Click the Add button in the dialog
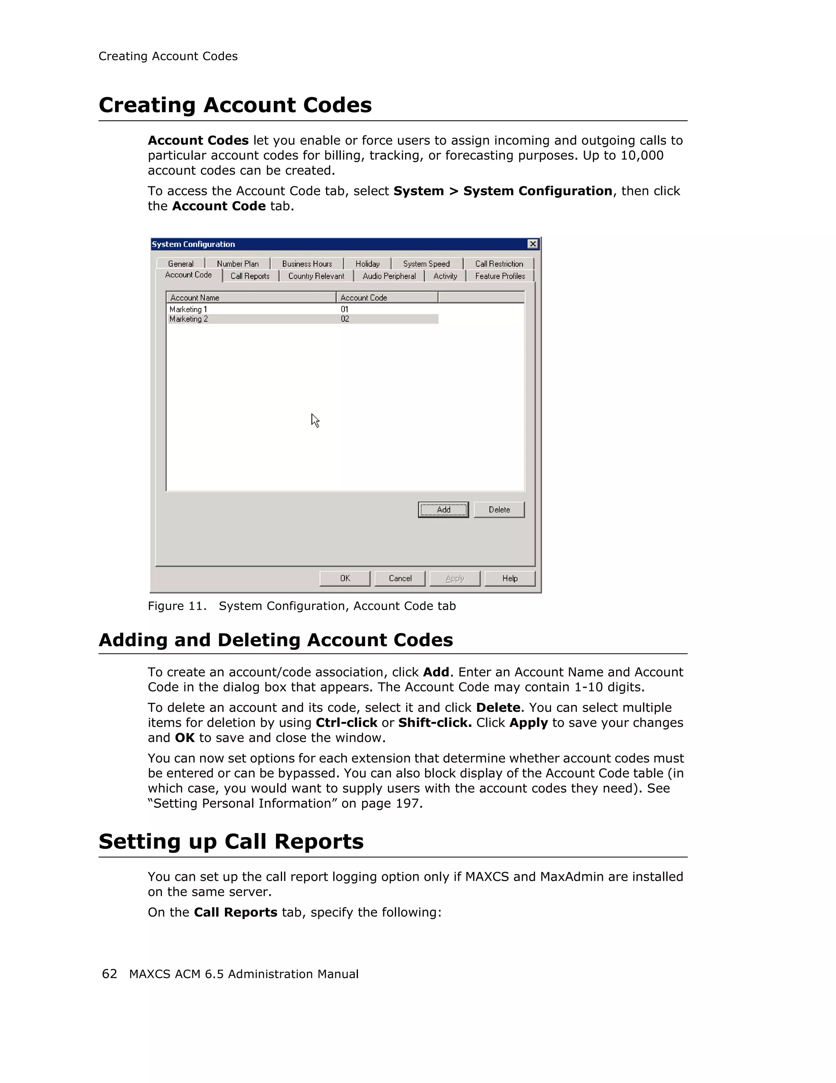click(x=443, y=509)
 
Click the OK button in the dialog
click(x=345, y=578)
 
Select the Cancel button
click(x=400, y=578)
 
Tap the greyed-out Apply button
click(x=454, y=578)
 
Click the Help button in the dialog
click(x=509, y=578)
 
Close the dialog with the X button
click(x=532, y=244)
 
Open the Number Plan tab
click(x=238, y=264)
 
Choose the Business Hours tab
click(x=307, y=264)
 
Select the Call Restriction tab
click(x=499, y=264)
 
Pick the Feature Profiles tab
click(x=500, y=276)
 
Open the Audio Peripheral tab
click(x=389, y=276)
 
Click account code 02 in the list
click(x=345, y=319)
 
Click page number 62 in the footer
click(x=109, y=973)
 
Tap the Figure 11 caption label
click(x=176, y=606)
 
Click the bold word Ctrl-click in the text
click(x=346, y=722)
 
